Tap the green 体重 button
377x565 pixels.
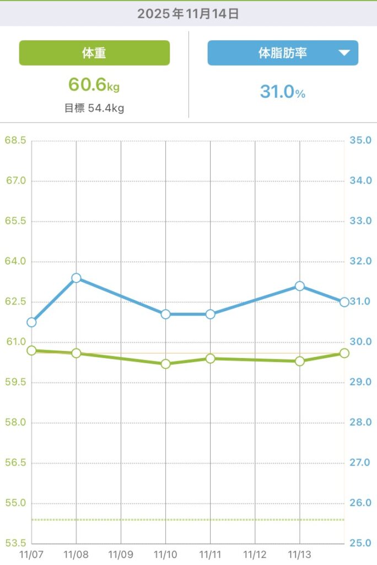tap(94, 53)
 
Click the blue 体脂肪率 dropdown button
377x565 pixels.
tap(283, 53)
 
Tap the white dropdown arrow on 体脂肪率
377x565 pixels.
tap(344, 53)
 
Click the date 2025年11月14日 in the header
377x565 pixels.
tap(188, 14)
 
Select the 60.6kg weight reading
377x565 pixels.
tap(94, 85)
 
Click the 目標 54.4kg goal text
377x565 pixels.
tap(94, 108)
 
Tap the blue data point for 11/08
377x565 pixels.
tap(76, 278)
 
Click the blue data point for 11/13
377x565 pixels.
tap(299, 286)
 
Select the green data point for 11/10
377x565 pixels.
tap(165, 364)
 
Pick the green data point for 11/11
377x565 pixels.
tap(210, 359)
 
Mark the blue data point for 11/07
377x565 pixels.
tap(31, 322)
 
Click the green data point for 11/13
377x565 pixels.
tap(299, 361)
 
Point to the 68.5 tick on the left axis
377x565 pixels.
tap(15, 141)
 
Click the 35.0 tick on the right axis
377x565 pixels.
tap(360, 141)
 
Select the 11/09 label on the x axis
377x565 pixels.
tap(121, 553)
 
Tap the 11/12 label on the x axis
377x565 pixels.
tap(255, 553)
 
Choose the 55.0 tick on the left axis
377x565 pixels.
tap(15, 503)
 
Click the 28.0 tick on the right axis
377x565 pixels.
tap(360, 423)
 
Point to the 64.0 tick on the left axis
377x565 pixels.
tap(15, 262)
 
